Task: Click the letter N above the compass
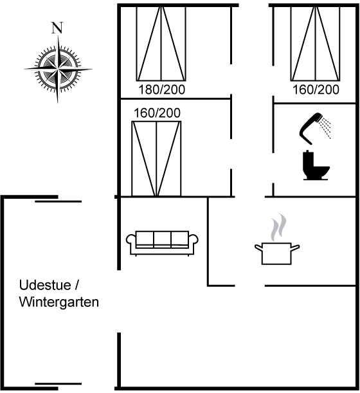pyautogui.click(x=57, y=28)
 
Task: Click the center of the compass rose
pyautogui.click(x=58, y=69)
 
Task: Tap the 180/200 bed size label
pyautogui.click(x=162, y=90)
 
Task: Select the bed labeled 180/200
pyautogui.click(x=161, y=44)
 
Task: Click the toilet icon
pyautogui.click(x=316, y=165)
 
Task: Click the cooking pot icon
pyautogui.click(x=277, y=253)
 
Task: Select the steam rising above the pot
pyautogui.click(x=278, y=228)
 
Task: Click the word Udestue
pyautogui.click(x=45, y=285)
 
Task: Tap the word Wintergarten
pyautogui.click(x=59, y=302)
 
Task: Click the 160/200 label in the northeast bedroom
pyautogui.click(x=316, y=90)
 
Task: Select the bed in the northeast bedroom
pyautogui.click(x=316, y=44)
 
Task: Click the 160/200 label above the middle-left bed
pyautogui.click(x=157, y=113)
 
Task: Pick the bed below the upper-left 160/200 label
pyautogui.click(x=156, y=158)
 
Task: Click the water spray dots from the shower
pyautogui.click(x=325, y=127)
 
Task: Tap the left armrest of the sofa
pyautogui.click(x=130, y=242)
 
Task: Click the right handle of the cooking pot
pyautogui.click(x=295, y=248)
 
